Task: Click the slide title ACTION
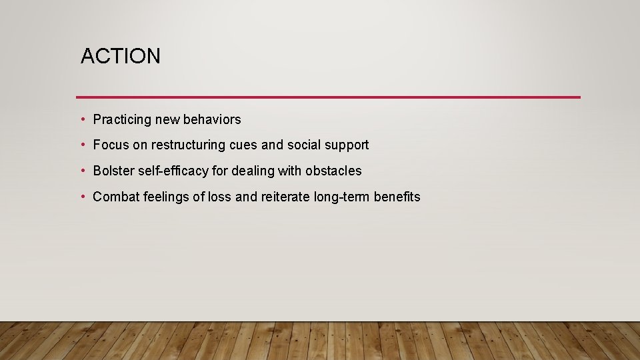coord(121,57)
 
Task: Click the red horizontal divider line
coord(328,97)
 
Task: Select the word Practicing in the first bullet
coord(122,120)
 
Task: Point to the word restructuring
coord(189,145)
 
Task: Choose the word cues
coord(243,145)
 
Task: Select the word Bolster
coord(113,171)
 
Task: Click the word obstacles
coord(333,171)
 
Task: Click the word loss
coord(219,197)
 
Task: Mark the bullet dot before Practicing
coord(83,120)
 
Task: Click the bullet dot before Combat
coord(83,197)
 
